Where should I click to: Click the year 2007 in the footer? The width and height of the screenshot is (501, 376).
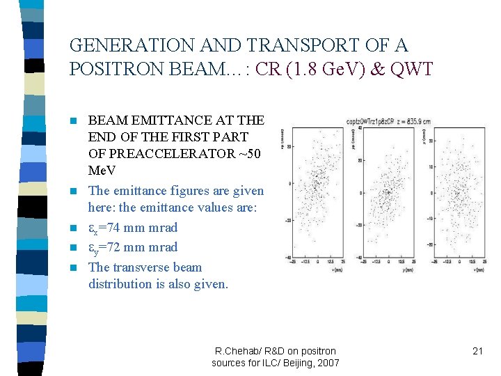click(327, 362)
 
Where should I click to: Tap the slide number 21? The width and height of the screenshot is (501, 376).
click(477, 351)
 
